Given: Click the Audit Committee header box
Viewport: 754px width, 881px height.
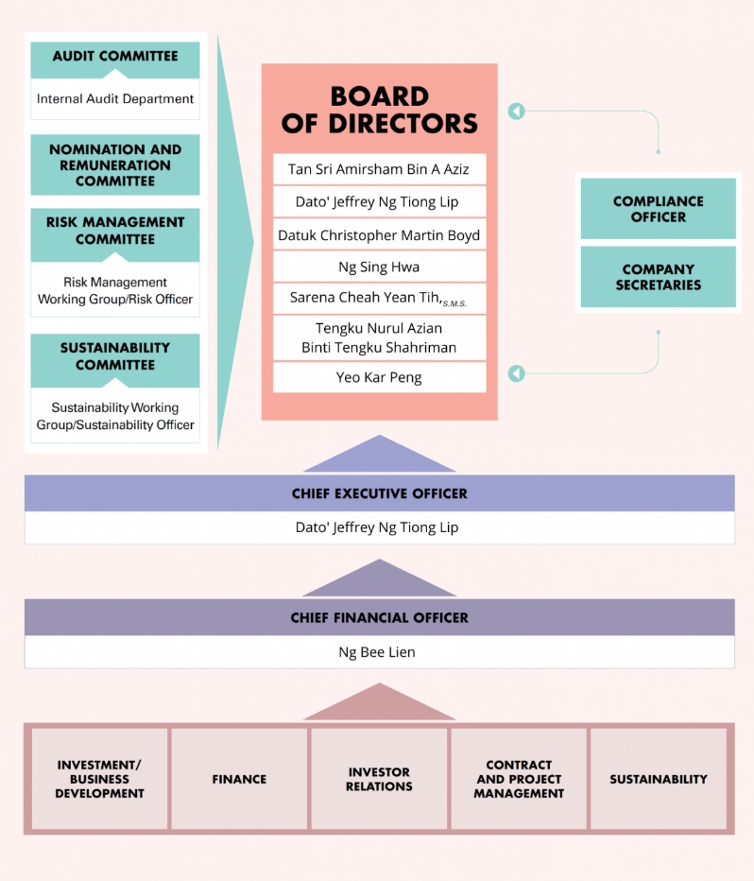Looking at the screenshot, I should tap(115, 57).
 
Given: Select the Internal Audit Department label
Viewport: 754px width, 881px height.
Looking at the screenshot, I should tap(115, 98).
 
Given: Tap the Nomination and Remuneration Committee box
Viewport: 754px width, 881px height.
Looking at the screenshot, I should tap(115, 164).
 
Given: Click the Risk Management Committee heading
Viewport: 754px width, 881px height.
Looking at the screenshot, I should tap(115, 231).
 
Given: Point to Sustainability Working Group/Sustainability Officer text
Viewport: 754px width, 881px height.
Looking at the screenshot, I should tap(115, 416).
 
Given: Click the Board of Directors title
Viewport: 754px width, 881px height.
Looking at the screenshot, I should tap(380, 110).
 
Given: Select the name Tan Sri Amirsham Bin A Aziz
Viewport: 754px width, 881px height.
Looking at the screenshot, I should tap(379, 170).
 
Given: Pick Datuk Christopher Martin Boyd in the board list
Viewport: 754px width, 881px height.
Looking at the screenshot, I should tap(379, 235).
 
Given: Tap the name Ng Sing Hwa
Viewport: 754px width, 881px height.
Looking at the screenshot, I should tap(379, 267).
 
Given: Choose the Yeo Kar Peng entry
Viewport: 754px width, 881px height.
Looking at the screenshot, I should tap(379, 377).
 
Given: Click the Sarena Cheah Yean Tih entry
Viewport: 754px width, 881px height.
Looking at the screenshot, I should tap(379, 298).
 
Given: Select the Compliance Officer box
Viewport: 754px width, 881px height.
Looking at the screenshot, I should tap(658, 209).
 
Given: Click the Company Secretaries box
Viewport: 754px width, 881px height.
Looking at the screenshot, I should tap(658, 277).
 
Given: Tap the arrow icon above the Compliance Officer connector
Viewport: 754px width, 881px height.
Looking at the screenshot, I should tap(516, 112).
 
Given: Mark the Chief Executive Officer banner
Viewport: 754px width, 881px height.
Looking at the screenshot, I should tap(379, 493).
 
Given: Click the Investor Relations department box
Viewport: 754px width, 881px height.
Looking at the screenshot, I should tap(379, 779).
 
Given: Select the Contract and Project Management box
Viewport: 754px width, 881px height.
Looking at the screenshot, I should tap(519, 779).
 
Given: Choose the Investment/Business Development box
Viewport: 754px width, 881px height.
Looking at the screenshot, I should tap(99, 779).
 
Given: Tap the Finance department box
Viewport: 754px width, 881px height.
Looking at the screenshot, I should tap(239, 779).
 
